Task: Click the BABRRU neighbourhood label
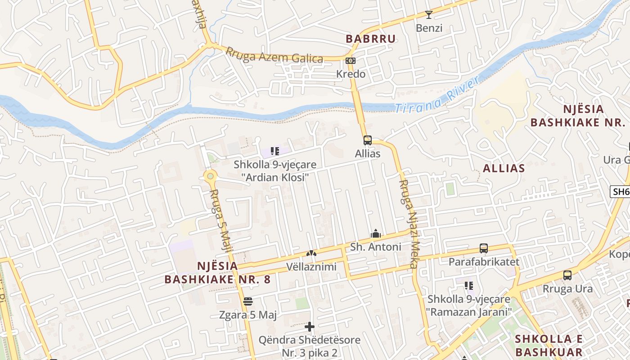click(x=370, y=39)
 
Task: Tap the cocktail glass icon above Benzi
click(x=429, y=15)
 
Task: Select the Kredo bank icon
click(x=351, y=61)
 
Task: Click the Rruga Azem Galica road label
click(x=274, y=56)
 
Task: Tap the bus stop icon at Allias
click(x=368, y=140)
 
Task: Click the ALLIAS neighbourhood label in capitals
click(x=504, y=168)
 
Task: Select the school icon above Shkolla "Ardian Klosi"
click(x=275, y=151)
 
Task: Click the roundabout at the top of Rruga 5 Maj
click(x=210, y=176)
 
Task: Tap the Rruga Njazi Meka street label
click(x=409, y=224)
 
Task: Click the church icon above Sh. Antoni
click(x=375, y=234)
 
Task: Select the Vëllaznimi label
click(x=311, y=267)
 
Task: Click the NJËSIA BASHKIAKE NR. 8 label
click(x=217, y=273)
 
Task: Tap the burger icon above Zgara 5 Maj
click(x=247, y=301)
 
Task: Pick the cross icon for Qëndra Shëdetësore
click(x=310, y=327)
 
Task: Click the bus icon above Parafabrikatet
click(x=484, y=248)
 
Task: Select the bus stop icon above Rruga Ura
click(x=567, y=275)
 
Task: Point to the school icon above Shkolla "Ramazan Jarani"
click(x=469, y=286)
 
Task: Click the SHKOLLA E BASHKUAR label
click(x=549, y=345)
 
